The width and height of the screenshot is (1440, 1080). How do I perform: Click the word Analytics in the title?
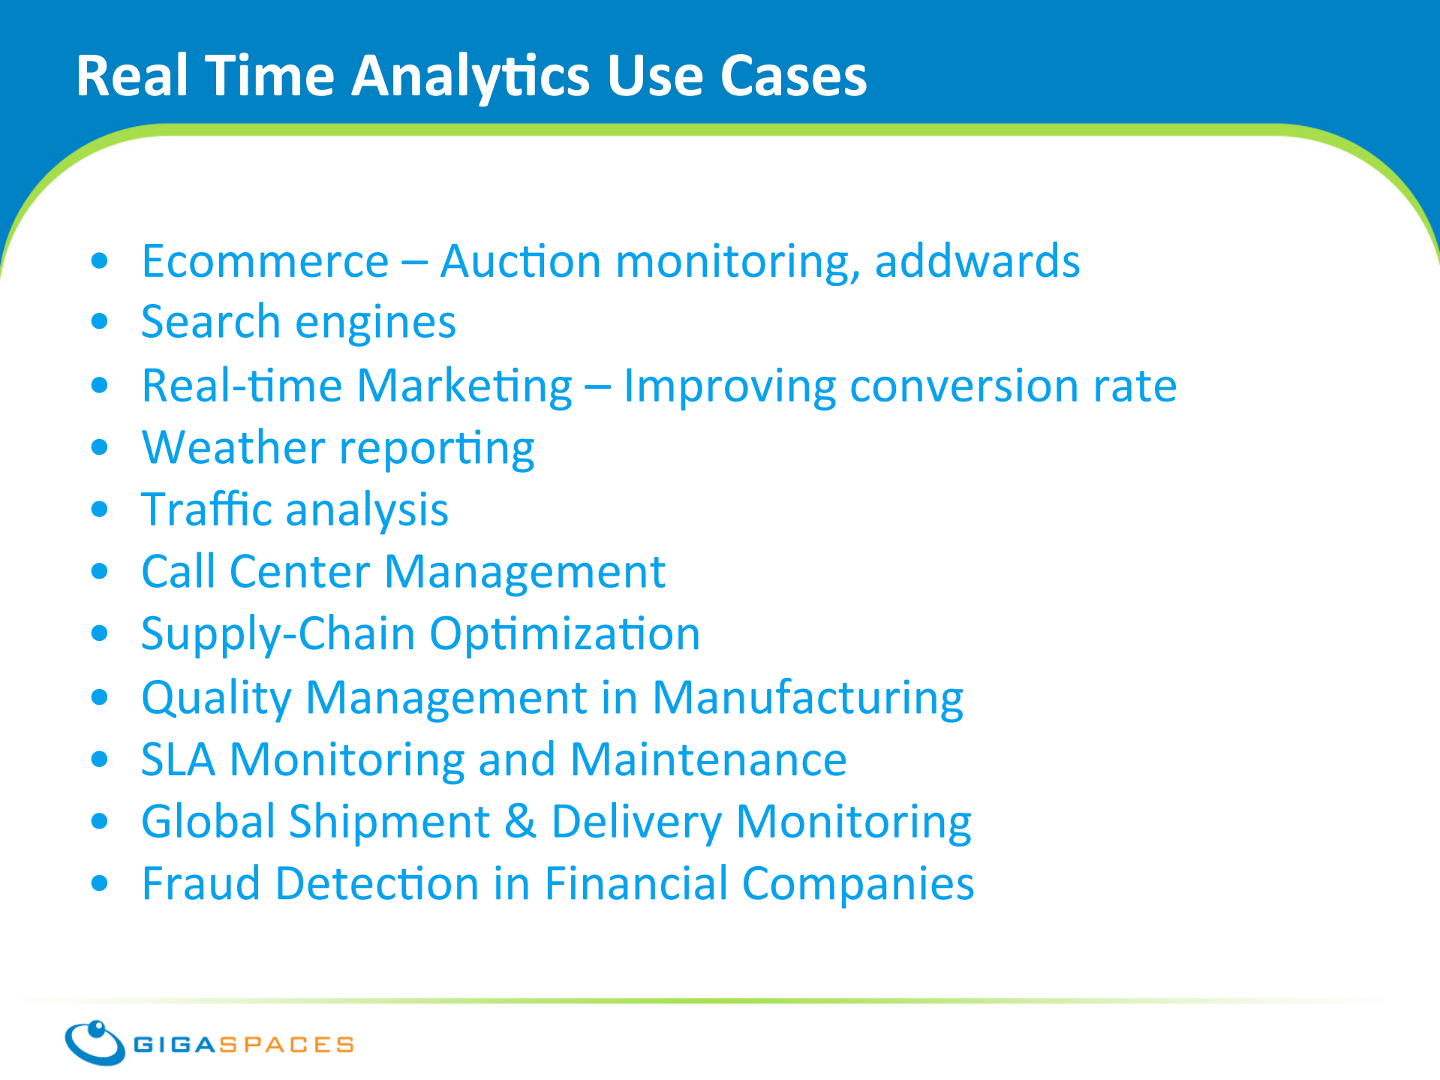[471, 77]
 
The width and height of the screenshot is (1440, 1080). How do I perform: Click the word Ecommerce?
[265, 261]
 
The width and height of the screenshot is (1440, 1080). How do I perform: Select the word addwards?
[977, 260]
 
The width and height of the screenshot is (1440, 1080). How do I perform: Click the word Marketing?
[464, 387]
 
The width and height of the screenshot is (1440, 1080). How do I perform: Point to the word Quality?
[216, 699]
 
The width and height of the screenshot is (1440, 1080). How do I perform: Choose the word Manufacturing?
[807, 699]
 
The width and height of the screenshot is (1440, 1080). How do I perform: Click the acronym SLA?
[179, 759]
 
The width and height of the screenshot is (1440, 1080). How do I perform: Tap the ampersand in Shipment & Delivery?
[520, 821]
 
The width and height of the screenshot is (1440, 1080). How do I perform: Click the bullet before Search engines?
[99, 323]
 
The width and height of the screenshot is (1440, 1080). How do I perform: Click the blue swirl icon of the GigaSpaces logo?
[95, 1042]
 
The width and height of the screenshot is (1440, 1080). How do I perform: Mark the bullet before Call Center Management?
[99, 572]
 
